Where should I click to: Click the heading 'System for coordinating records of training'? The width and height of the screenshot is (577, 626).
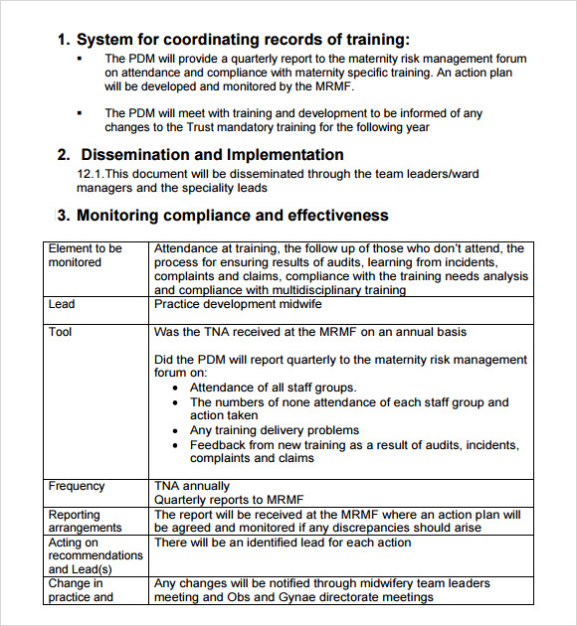coord(242,40)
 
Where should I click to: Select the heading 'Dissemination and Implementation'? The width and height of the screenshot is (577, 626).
coord(212,155)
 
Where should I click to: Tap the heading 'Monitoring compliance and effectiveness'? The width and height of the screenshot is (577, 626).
coord(232,216)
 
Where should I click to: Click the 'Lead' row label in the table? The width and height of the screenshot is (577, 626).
coord(62,304)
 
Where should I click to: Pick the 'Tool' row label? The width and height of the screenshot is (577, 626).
coord(61,332)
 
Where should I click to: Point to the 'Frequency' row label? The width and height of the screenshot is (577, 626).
coord(76,486)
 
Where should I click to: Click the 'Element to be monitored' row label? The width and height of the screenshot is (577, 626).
coord(85,255)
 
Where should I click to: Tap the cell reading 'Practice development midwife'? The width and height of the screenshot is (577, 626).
coord(238,304)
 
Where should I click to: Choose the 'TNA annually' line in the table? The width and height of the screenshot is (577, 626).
coord(192,486)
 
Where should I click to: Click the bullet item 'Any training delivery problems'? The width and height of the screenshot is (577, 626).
coord(275,430)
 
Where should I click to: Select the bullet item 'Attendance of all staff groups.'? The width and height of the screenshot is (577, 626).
coord(273,388)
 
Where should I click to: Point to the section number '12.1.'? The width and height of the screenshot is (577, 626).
coord(90,174)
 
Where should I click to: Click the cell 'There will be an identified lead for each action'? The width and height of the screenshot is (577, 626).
coord(283,543)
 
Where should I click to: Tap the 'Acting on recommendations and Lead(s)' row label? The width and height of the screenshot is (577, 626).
coord(96,555)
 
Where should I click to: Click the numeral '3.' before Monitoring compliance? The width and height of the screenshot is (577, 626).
coord(63,216)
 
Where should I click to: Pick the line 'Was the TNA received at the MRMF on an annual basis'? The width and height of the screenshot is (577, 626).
coord(310,332)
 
